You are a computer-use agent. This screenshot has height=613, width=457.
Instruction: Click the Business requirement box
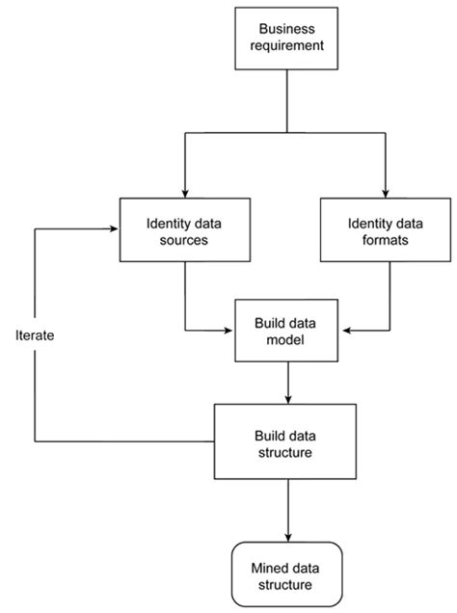(286, 37)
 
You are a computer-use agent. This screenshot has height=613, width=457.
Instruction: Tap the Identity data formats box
(384, 231)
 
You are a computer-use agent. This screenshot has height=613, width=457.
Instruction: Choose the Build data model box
(287, 331)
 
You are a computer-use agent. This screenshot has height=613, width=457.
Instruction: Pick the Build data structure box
(287, 441)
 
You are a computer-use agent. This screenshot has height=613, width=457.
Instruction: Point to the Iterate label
(36, 336)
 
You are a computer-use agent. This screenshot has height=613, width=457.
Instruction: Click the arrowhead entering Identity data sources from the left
(113, 230)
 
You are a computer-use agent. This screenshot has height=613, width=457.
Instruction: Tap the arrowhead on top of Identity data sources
(183, 193)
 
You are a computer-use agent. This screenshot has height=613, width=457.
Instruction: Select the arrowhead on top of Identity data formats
(384, 193)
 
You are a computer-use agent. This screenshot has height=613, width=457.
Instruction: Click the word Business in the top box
(286, 28)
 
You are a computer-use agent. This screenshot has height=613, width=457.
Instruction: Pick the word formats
(384, 241)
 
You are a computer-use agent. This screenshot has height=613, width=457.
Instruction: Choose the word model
(287, 340)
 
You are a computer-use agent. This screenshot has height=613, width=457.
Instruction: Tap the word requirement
(286, 46)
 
